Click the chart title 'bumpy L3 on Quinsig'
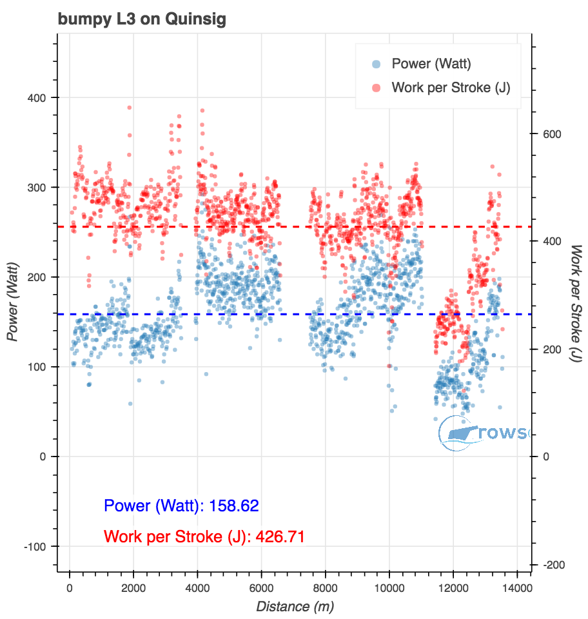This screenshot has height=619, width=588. (142, 19)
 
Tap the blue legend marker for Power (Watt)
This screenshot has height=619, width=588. (377, 64)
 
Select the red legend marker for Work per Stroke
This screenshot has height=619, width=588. (377, 88)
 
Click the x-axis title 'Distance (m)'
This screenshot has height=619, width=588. (295, 606)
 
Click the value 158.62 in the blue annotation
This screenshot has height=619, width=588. (231, 506)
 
